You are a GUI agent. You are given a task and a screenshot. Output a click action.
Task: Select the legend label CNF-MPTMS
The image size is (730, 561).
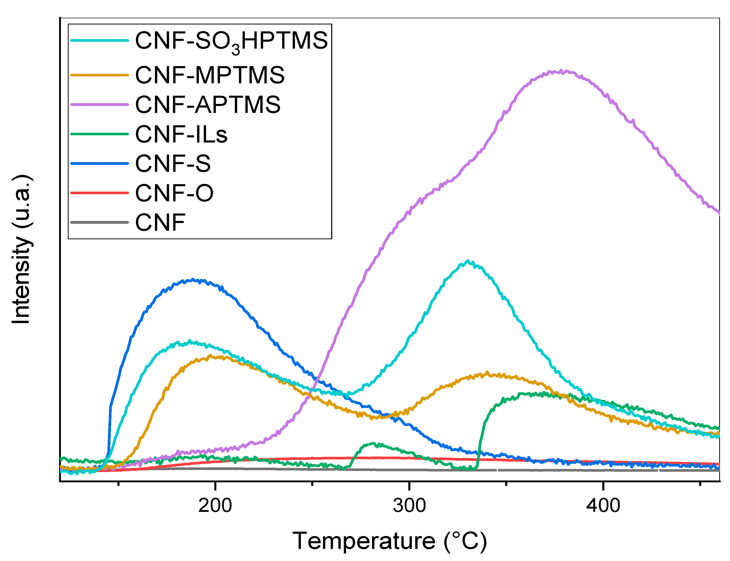pos(210,75)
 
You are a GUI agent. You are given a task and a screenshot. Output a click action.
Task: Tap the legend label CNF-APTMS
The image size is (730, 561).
pos(208,104)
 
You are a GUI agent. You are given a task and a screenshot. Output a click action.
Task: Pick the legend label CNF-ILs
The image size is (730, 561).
pos(181,134)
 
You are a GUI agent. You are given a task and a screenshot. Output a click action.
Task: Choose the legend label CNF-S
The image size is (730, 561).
pos(173,164)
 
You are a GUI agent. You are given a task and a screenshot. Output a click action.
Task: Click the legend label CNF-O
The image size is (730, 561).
pos(174,193)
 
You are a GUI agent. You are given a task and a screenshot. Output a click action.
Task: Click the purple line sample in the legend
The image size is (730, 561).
pos(99,104)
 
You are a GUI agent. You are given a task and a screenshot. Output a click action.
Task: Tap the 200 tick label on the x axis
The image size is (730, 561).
pos(215,505)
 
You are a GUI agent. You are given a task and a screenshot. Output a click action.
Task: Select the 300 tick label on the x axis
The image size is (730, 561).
pos(409,505)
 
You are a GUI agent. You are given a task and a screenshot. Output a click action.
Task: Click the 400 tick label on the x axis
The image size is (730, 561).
pos(603,505)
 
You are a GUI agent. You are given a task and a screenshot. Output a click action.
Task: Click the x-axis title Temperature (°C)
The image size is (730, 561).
pos(390,541)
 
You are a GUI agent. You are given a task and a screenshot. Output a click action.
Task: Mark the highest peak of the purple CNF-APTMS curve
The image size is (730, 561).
pos(560,71)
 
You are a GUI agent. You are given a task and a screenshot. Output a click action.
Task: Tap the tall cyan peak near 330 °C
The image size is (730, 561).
pos(468,261)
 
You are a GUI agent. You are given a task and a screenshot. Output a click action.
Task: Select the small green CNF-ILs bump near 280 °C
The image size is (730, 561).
pos(374,444)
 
